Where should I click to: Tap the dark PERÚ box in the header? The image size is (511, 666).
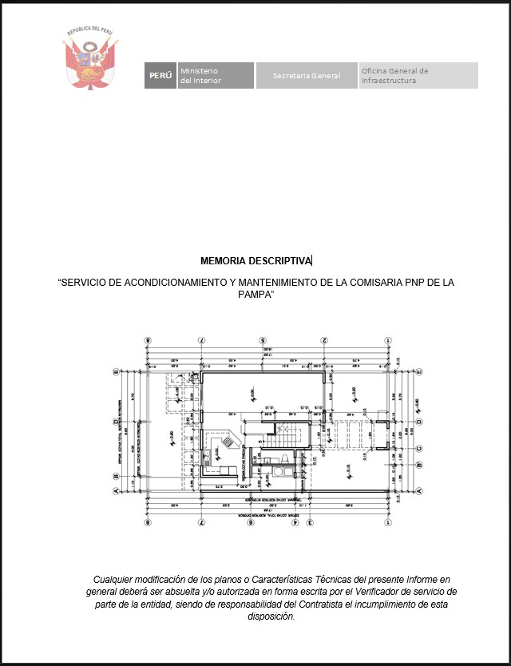[160, 76]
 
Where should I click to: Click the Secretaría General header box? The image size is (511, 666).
[307, 76]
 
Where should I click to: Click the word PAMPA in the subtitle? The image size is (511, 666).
[255, 295]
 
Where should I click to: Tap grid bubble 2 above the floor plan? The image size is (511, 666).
[325, 339]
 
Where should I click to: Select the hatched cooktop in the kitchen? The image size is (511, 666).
[228, 440]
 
